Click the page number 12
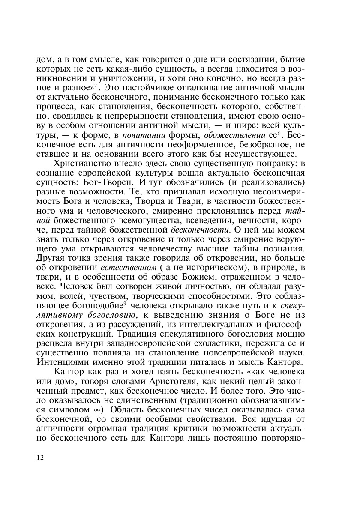(x=40, y=457)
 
